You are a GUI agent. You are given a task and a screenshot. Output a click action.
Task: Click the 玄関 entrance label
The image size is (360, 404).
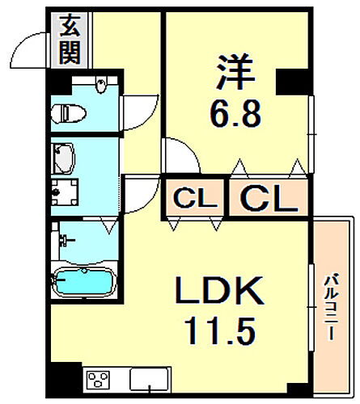click(68, 40)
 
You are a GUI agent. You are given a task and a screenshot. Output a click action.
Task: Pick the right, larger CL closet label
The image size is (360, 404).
click(267, 197)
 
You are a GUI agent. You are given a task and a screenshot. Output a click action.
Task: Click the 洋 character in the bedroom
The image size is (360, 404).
click(235, 71)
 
